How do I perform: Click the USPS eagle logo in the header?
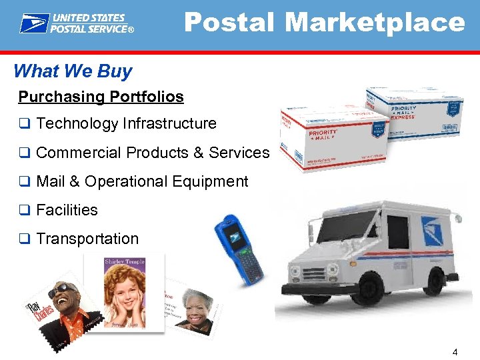[34, 23]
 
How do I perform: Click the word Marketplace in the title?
[375, 23]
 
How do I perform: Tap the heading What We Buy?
[73, 71]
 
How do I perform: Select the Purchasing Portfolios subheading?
[101, 97]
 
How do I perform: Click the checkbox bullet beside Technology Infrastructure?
[24, 124]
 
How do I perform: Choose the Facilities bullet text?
[67, 210]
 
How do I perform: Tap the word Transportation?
[87, 239]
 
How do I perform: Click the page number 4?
[455, 351]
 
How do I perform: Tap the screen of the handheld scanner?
[234, 234]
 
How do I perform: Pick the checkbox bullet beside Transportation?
[24, 239]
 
